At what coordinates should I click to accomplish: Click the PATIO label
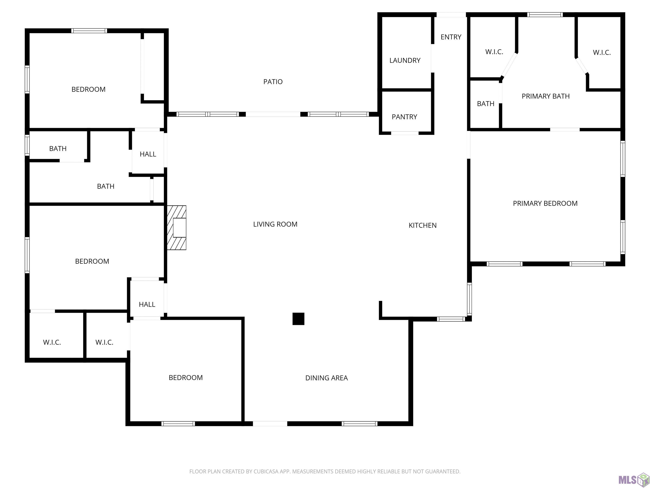point(273,82)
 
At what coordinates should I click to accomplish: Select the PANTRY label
point(404,117)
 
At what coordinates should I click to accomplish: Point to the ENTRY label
point(451,37)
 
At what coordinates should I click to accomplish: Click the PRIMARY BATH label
point(545,96)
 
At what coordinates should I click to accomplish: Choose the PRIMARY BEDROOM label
point(545,203)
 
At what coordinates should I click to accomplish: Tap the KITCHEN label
point(423,225)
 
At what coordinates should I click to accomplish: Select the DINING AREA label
point(326,378)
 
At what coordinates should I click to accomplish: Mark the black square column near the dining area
point(298,319)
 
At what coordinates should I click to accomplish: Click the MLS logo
point(633,480)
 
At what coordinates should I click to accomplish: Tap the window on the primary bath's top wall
point(545,15)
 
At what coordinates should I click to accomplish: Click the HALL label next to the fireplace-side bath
point(148,154)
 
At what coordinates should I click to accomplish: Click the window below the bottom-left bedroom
point(178,424)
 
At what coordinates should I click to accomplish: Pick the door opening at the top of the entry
point(451,15)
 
